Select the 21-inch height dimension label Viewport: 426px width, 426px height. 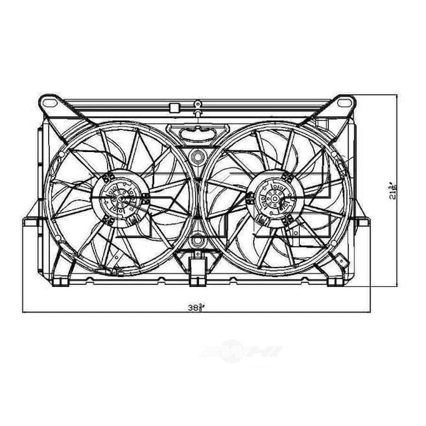pos(393,190)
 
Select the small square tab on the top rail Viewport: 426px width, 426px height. pos(173,107)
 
